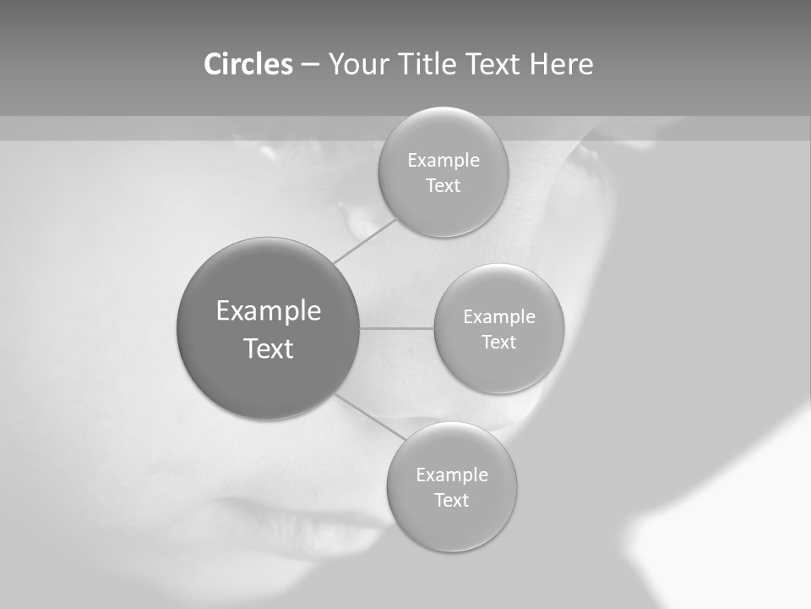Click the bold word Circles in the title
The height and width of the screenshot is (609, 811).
point(248,64)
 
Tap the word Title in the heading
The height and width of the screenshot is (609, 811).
point(426,64)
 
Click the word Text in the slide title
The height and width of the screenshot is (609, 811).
point(493,64)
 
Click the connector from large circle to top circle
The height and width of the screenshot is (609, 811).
point(364,240)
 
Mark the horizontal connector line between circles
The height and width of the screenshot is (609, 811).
point(397,328)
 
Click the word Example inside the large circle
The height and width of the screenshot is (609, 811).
point(269,311)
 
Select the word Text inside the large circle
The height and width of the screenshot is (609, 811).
point(269,348)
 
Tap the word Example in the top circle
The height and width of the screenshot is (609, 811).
point(444,161)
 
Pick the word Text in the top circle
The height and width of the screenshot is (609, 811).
point(444,186)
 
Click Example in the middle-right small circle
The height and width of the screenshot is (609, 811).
point(499,317)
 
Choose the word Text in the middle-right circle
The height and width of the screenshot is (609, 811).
point(499,343)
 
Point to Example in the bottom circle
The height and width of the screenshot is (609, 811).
point(452,475)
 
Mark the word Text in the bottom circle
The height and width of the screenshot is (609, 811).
point(452,500)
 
